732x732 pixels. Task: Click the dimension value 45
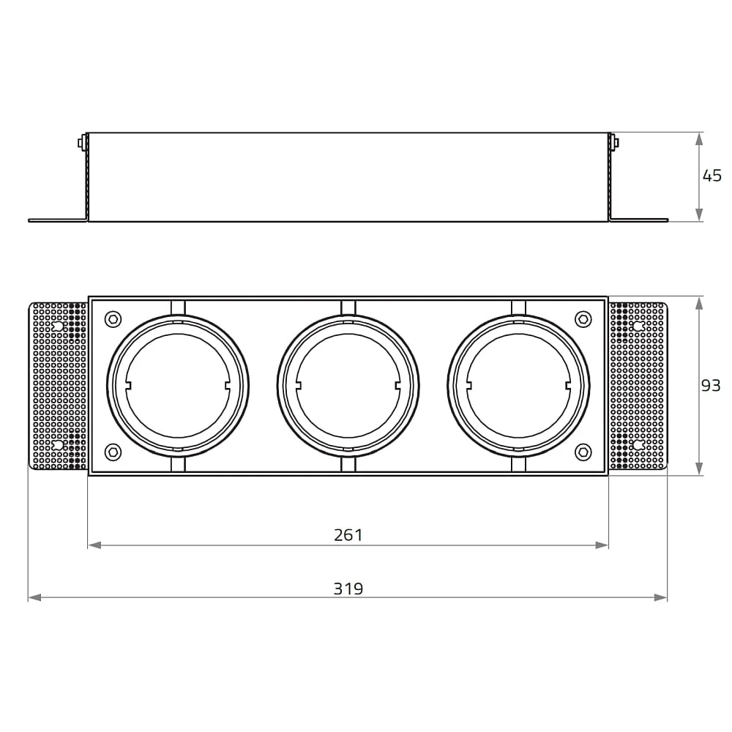coord(712,176)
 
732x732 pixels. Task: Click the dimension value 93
coord(711,385)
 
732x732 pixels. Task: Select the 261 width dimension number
coord(348,535)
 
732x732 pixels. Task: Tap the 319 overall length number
coord(348,589)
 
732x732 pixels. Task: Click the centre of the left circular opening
coord(178,386)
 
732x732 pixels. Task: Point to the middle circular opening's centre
coord(348,386)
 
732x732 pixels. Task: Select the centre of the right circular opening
coord(519,386)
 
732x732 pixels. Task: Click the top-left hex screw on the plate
coord(113,319)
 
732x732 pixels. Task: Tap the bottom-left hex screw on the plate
coord(113,452)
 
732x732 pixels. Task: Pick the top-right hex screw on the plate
coord(583,319)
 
